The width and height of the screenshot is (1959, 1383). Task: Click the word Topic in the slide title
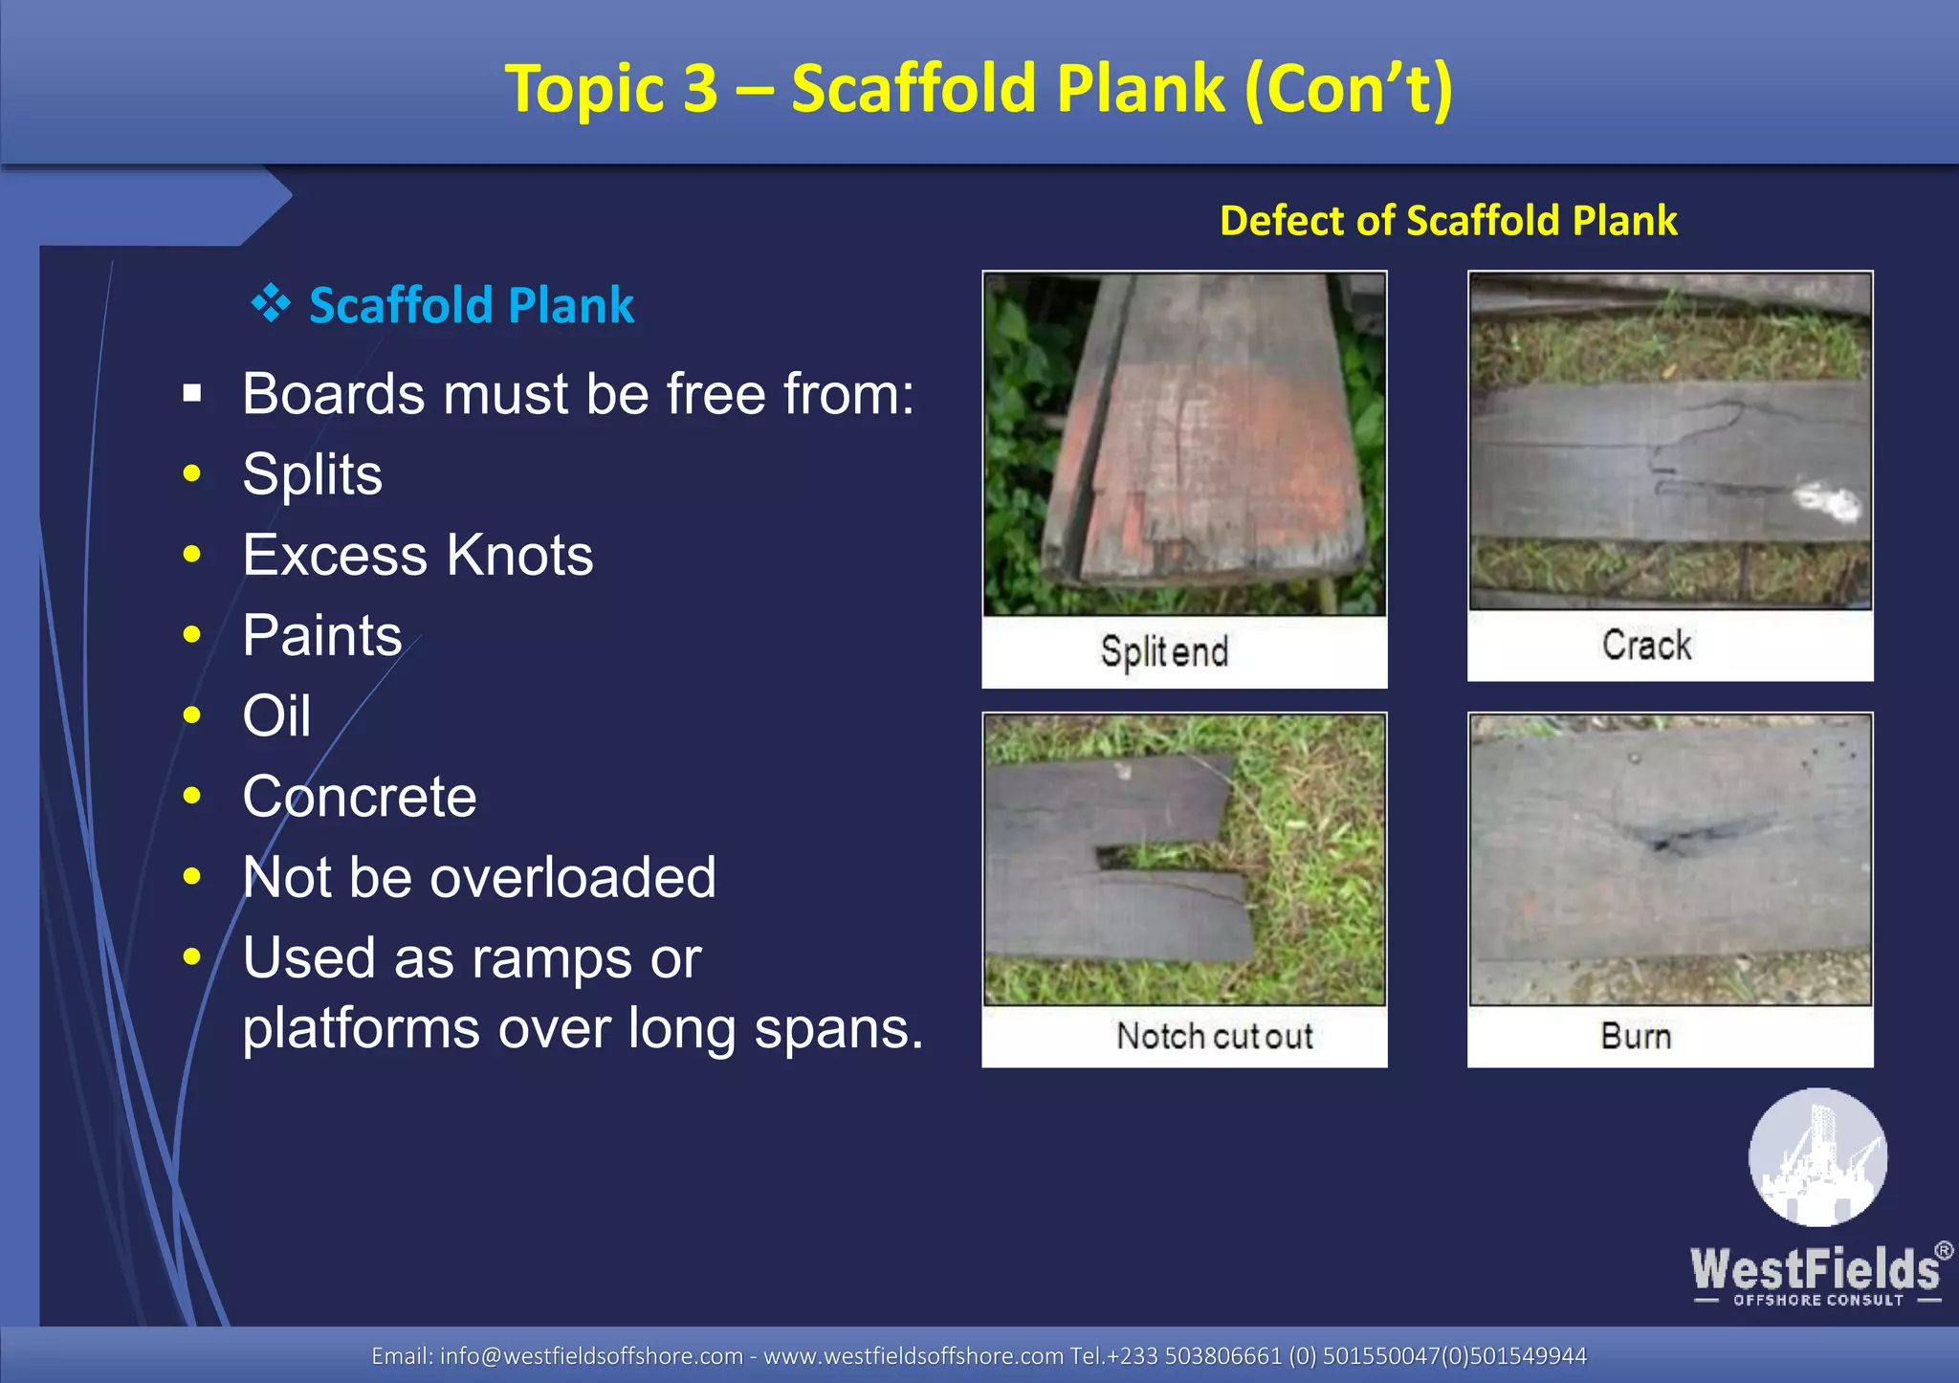pos(583,89)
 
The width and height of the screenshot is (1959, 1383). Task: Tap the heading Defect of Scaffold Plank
pos(1447,220)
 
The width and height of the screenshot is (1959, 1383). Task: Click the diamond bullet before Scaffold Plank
pos(271,304)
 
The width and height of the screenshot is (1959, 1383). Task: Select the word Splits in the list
pos(312,474)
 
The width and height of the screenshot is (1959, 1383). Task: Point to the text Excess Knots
pos(417,555)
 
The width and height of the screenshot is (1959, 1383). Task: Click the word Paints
pos(321,635)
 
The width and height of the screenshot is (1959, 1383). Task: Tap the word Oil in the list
pos(276,715)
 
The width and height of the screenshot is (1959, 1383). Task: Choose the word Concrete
pos(359,797)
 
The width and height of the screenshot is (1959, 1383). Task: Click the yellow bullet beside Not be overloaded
pos(192,876)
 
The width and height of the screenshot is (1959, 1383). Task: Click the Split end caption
pos(1164,652)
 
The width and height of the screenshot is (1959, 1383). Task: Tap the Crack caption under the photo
pos(1646,646)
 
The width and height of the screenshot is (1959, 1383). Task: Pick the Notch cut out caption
pos(1214,1036)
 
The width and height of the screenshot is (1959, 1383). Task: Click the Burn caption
pos(1636,1036)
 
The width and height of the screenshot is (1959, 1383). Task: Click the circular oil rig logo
pos(1817,1157)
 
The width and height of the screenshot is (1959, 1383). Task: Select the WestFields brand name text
pos(1815,1269)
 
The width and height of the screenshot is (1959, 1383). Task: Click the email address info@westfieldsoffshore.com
pos(590,1355)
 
